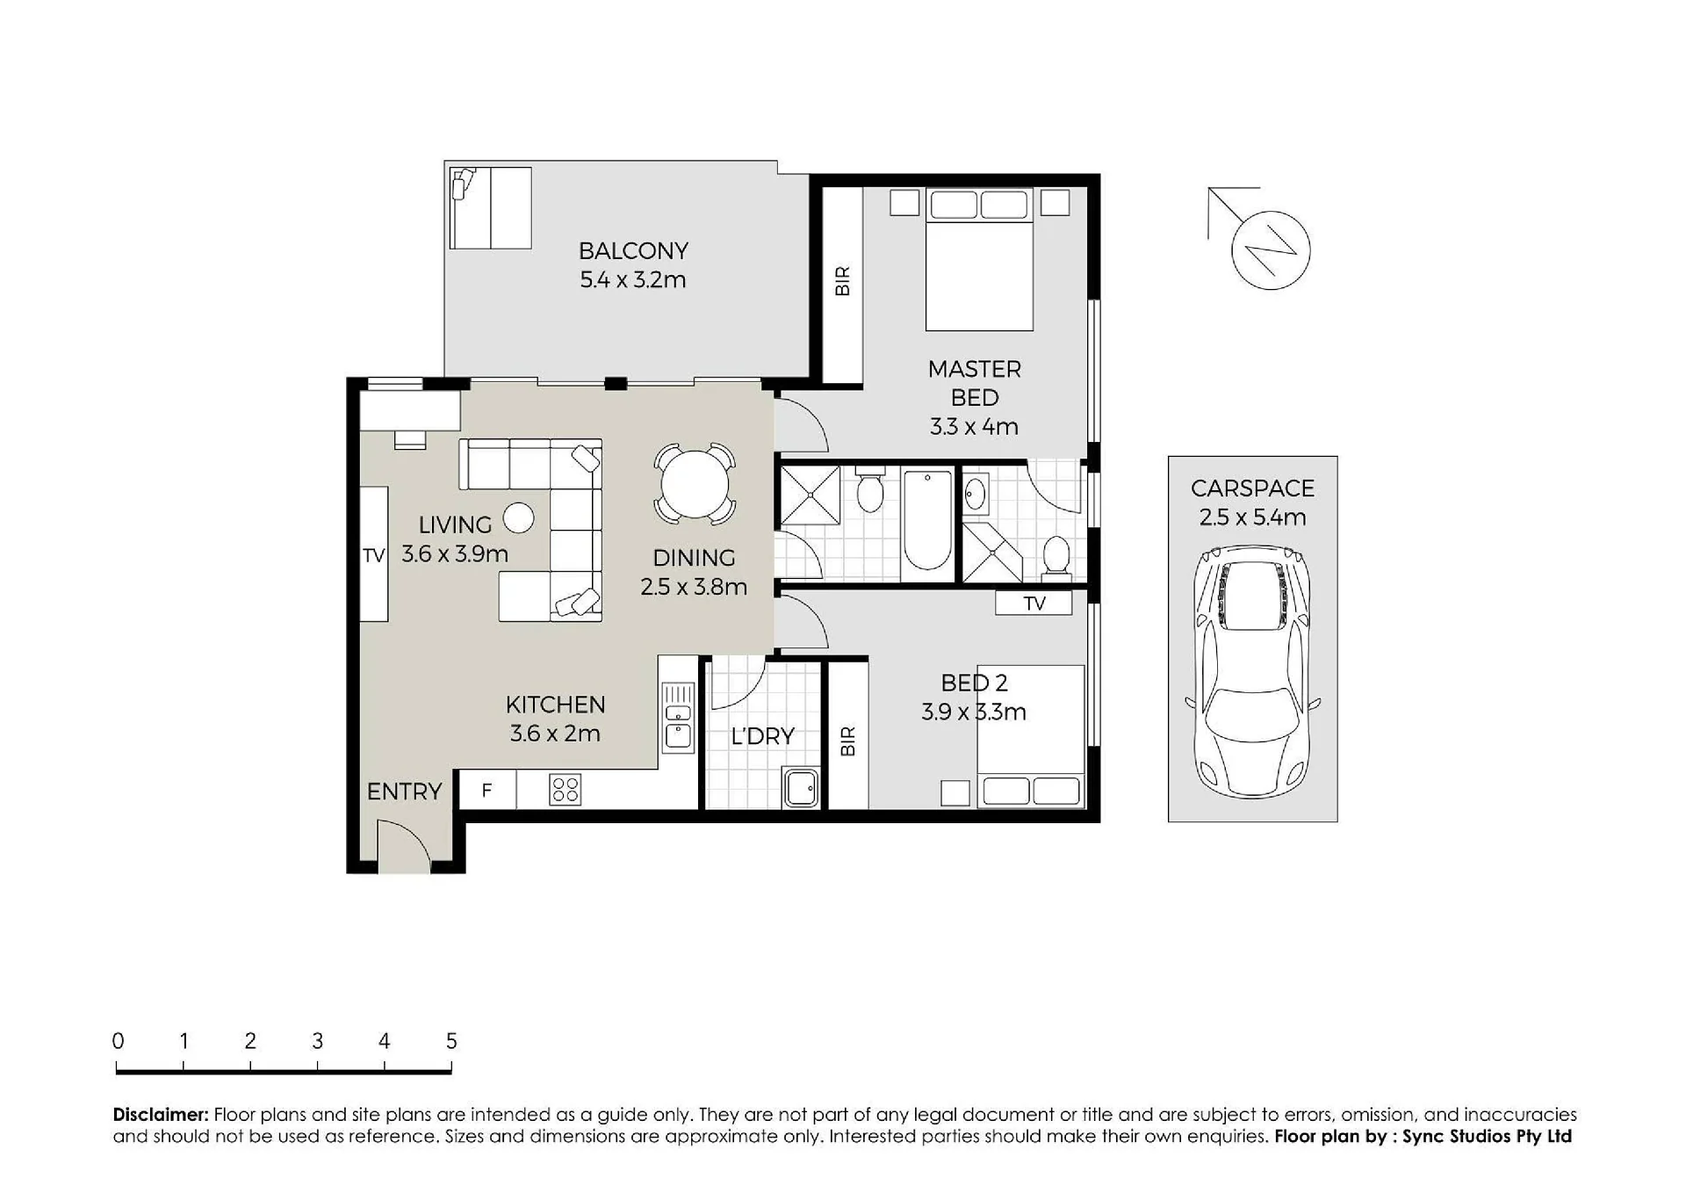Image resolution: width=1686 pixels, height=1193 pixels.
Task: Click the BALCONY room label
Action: point(632,251)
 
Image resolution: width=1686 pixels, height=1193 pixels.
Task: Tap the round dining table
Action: point(694,484)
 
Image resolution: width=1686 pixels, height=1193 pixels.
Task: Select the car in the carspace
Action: point(1252,672)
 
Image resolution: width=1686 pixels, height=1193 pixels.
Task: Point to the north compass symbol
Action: point(1270,250)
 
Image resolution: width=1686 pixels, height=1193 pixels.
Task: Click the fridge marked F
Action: point(487,790)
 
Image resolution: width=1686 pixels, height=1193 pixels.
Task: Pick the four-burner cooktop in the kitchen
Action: point(565,790)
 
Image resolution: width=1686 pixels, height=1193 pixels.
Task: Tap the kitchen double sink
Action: point(678,716)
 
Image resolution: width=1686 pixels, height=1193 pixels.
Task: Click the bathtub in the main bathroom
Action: point(927,520)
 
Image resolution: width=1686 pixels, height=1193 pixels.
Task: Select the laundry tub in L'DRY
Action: point(801,788)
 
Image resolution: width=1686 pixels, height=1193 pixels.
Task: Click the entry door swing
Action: point(404,845)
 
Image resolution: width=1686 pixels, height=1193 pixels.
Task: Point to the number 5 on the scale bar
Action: point(451,1041)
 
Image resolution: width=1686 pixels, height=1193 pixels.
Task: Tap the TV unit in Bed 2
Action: point(1034,603)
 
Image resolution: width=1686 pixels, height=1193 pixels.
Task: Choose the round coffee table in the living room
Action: point(518,518)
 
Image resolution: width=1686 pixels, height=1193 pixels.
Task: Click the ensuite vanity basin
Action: point(976,496)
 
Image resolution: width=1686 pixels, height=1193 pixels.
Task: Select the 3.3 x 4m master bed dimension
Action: point(974,427)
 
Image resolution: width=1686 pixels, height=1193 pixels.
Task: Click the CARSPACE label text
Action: point(1252,488)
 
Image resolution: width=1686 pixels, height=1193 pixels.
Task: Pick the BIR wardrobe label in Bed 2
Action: point(847,741)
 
